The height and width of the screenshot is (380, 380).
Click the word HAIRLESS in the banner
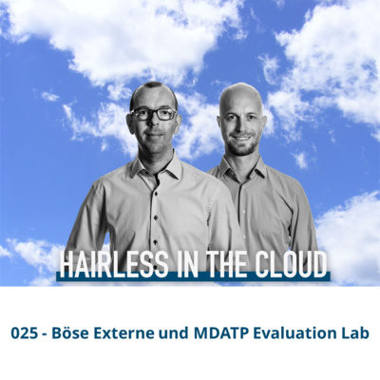click(114, 263)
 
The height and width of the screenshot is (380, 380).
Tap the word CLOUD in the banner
click(291, 263)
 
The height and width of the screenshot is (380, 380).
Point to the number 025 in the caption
click(24, 333)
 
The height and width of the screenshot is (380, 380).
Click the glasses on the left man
click(154, 114)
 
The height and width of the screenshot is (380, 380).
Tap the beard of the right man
click(242, 144)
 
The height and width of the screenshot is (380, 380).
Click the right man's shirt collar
click(242, 168)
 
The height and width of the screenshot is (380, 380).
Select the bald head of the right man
click(241, 95)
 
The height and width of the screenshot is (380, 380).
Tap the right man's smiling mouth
click(242, 138)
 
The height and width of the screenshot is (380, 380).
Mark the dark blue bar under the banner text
click(193, 276)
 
